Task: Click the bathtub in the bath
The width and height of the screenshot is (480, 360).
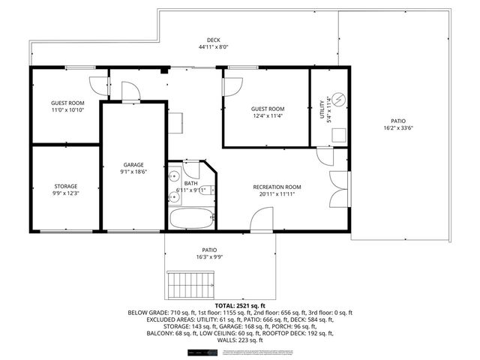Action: pos(192,219)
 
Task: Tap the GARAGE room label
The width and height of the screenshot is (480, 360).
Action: pos(133,165)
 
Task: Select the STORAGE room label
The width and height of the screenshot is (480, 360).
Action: pos(65,186)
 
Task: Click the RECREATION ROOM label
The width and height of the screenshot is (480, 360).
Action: pos(277,187)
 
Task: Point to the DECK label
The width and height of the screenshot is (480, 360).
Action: pos(213,40)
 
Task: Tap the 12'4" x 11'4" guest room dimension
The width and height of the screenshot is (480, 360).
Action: pos(267,116)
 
